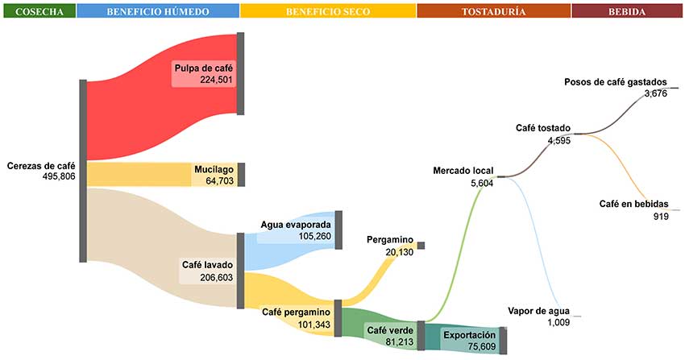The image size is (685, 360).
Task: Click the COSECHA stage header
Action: pyautogui.click(x=38, y=11)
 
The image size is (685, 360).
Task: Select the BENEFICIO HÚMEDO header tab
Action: pyautogui.click(x=158, y=11)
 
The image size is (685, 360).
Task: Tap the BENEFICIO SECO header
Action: pyautogui.click(x=328, y=11)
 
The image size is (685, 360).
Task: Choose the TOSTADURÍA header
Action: pyautogui.click(x=494, y=11)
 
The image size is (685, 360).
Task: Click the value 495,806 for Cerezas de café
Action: pyautogui.click(x=59, y=176)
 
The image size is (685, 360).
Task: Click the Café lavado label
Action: pyautogui.click(x=208, y=265)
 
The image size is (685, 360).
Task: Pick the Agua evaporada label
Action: pyautogui.click(x=296, y=225)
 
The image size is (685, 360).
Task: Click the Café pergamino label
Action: pyautogui.click(x=297, y=312)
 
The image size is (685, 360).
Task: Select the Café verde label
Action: pyautogui.click(x=391, y=330)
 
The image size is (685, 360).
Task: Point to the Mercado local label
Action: pyautogui.click(x=463, y=172)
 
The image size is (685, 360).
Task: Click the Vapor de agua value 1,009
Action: pyautogui.click(x=558, y=322)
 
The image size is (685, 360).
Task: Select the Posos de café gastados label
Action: pyautogui.click(x=616, y=82)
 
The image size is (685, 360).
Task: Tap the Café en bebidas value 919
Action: pyautogui.click(x=661, y=216)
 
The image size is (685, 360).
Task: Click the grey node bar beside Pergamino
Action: pyautogui.click(x=421, y=245)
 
